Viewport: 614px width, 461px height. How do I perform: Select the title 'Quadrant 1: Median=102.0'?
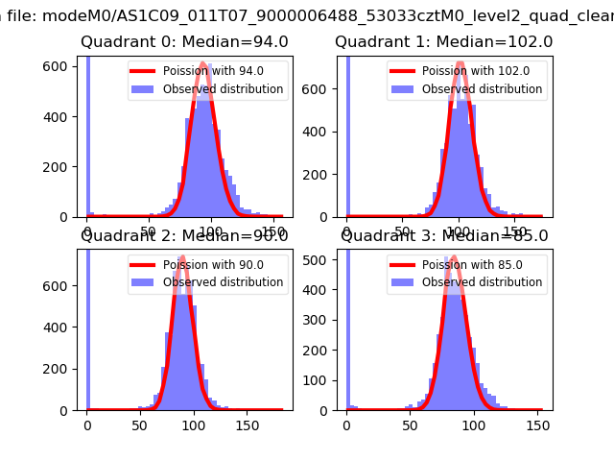(443, 41)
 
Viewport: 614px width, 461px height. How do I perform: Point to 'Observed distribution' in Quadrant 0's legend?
(223, 89)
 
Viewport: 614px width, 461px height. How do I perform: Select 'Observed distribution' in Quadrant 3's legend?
(482, 282)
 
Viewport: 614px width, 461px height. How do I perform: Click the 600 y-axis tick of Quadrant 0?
(61, 64)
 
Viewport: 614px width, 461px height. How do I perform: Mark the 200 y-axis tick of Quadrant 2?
(61, 369)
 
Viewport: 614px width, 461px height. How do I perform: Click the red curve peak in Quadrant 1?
(460, 63)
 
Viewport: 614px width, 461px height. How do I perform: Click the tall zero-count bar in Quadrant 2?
(87, 327)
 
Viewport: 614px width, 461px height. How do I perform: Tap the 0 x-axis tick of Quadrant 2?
(87, 425)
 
